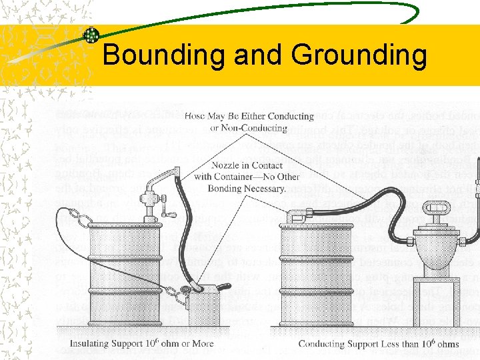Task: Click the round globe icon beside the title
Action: coord(91,36)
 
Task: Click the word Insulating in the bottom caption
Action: coord(94,344)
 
